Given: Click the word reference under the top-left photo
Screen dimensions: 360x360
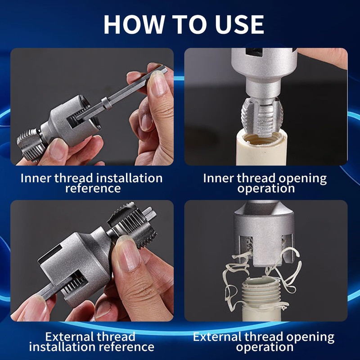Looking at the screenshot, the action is [x=93, y=188].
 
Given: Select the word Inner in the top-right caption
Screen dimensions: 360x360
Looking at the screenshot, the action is [x=218, y=178].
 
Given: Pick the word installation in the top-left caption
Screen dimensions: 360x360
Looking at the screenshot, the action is [x=129, y=178].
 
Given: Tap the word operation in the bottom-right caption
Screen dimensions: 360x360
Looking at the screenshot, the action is [x=265, y=347].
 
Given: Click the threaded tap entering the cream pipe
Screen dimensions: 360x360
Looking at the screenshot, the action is [x=262, y=117].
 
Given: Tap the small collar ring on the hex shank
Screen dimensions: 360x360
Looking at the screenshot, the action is [x=107, y=103].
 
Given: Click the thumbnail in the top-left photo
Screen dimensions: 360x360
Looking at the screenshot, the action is [x=157, y=83].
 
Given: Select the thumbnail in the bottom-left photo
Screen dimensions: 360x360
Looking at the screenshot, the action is [x=128, y=253].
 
